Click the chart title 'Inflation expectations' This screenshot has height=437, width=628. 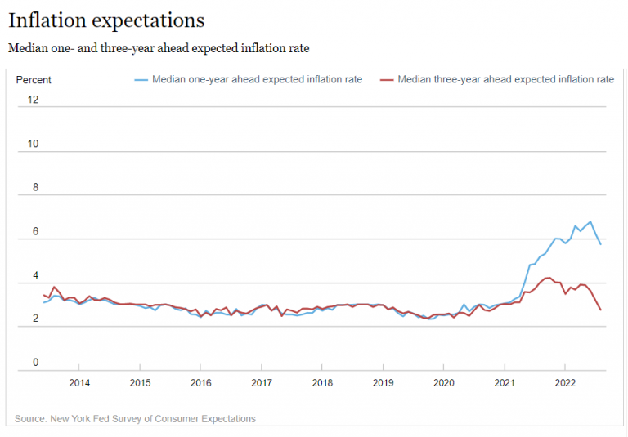click(x=106, y=20)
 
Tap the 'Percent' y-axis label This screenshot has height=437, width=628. click(x=34, y=80)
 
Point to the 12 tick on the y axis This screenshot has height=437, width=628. click(x=33, y=100)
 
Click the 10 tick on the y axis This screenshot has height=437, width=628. click(x=33, y=144)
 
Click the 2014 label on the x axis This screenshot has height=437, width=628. click(x=79, y=382)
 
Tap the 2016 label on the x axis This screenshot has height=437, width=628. click(x=201, y=382)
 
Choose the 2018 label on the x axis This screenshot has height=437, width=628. click(x=322, y=382)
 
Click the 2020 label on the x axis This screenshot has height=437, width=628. click(x=443, y=382)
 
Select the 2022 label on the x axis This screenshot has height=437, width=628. click(x=565, y=382)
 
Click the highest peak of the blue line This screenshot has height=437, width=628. click(x=590, y=221)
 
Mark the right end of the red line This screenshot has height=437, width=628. click(x=601, y=310)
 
